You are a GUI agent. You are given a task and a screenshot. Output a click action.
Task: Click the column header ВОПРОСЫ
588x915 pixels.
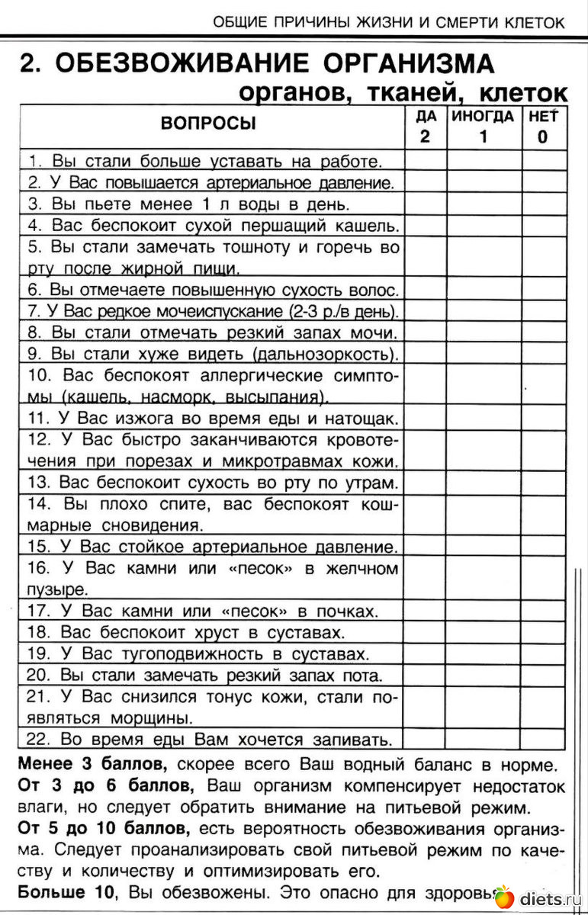pyautogui.click(x=208, y=124)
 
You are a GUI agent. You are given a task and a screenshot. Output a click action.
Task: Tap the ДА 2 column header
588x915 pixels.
pyautogui.click(x=426, y=127)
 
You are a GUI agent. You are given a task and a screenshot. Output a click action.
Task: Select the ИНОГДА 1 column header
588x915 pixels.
pyautogui.click(x=483, y=127)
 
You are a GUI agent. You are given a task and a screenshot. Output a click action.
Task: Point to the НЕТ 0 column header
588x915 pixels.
pyautogui.click(x=543, y=127)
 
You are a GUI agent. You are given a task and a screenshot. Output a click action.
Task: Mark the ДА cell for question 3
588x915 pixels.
pyautogui.click(x=426, y=204)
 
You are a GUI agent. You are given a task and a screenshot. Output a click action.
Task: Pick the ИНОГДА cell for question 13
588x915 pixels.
pyautogui.click(x=484, y=483)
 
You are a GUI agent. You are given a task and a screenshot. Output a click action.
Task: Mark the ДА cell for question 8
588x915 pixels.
pyautogui.click(x=426, y=332)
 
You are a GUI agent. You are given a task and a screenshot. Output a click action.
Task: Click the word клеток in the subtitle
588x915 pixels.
pyautogui.click(x=523, y=93)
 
